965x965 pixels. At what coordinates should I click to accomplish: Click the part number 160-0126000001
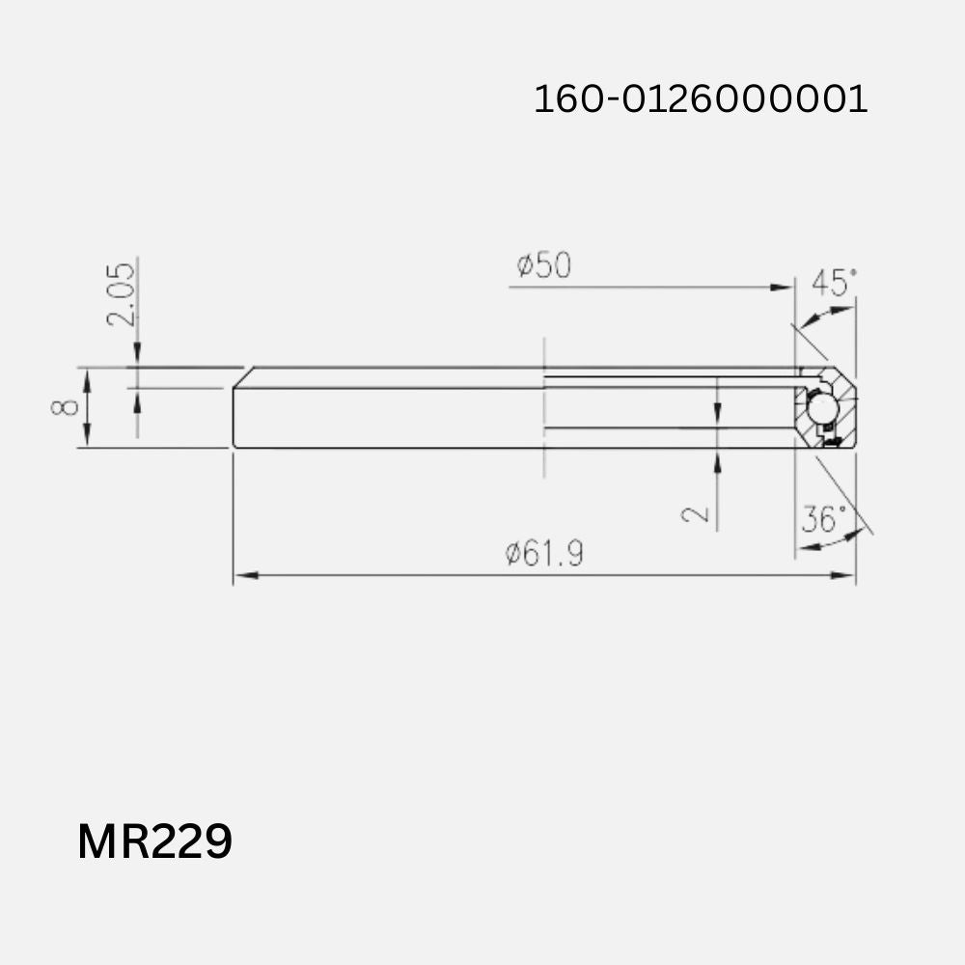pos(701,99)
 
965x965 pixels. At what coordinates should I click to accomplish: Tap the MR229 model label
pos(154,841)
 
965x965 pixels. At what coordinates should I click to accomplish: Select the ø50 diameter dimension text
pos(543,265)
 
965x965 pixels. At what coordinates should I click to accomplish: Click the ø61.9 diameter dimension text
pos(544,554)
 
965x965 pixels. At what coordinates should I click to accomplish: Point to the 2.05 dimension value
pos(122,294)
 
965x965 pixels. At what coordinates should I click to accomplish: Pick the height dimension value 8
pos(65,407)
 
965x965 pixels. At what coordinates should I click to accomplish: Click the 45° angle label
pos(834,284)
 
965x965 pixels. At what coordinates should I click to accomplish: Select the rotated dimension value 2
pos(696,513)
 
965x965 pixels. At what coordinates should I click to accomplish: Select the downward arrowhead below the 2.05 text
pos(137,358)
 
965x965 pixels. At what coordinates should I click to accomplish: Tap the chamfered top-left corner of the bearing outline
pos(242,376)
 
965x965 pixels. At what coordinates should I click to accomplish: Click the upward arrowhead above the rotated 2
pos(717,461)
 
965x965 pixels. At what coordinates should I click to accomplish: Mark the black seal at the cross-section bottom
pos(833,442)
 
